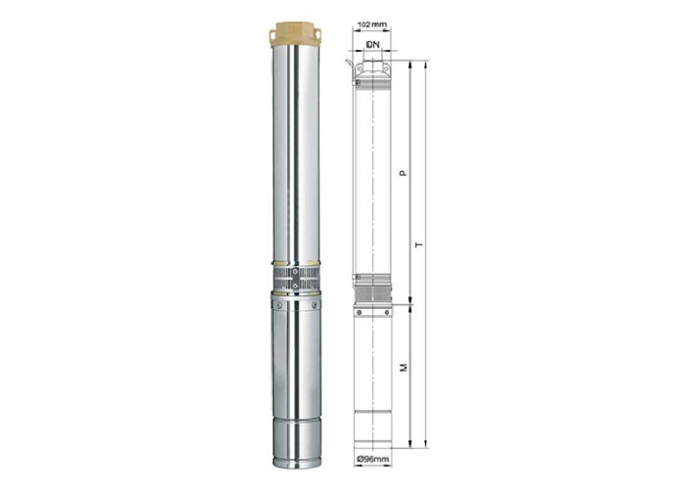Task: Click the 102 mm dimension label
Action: (371, 24)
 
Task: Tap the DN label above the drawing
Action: (373, 44)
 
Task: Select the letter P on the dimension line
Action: (404, 173)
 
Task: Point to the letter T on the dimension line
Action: (419, 244)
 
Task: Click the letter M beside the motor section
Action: (404, 367)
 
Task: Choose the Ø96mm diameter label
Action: (373, 459)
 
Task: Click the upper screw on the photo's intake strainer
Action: (296, 272)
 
